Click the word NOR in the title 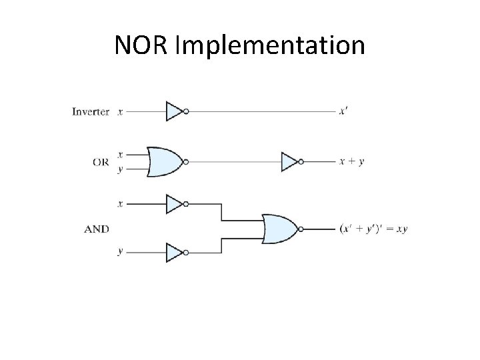[140, 45]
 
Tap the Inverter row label [90, 111]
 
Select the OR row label [101, 161]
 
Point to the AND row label [97, 229]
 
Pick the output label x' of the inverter [343, 111]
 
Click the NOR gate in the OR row [164, 161]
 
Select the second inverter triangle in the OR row [290, 161]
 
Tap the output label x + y [352, 161]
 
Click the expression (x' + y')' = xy [373, 229]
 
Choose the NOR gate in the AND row [280, 229]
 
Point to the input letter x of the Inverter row [120, 111]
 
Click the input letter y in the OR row [120, 169]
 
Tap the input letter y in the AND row [120, 252]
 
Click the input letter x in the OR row [120, 154]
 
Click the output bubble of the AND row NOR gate [301, 229]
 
